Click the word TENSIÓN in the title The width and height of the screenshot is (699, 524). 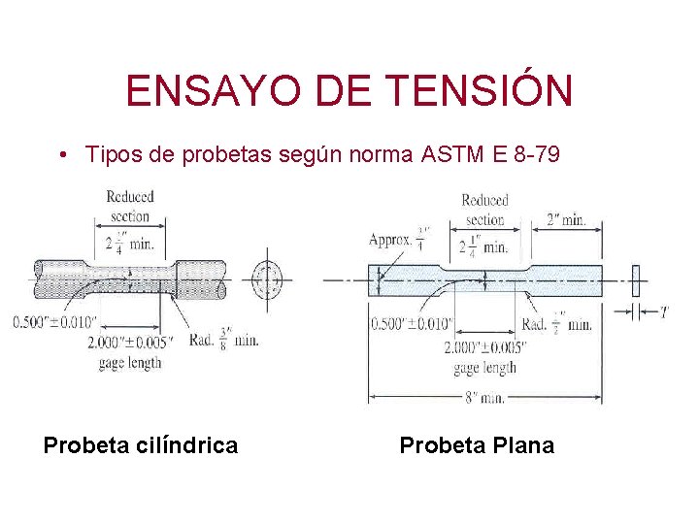tap(479, 91)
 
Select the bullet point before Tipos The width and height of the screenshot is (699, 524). tap(61, 155)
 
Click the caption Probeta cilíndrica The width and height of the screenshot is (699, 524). tap(141, 445)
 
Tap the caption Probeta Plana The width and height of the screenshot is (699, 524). tap(477, 445)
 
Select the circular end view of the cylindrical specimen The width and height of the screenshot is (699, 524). tap(266, 280)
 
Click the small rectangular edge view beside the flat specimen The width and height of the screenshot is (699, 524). tap(637, 279)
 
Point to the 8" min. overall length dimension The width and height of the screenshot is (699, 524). tap(483, 397)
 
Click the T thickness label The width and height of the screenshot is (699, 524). tap(664, 312)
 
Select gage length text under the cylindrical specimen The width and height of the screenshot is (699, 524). tap(130, 362)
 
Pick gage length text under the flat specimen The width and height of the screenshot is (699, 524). tap(484, 368)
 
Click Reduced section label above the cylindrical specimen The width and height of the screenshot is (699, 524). tap(130, 206)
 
